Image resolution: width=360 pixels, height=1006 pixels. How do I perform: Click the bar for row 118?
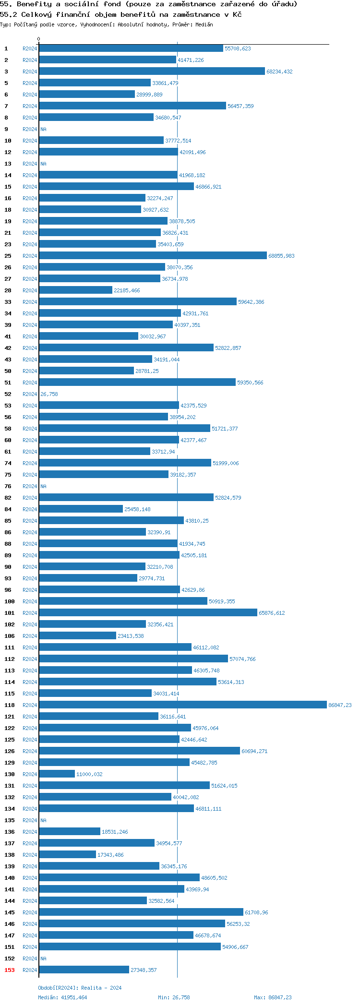pos(182,705)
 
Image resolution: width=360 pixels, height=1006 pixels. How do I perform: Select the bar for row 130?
pos(57,774)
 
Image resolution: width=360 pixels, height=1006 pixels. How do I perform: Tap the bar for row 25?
pos(153,256)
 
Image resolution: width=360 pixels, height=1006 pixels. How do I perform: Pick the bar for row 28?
pos(75,290)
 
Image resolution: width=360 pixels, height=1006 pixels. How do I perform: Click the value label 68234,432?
pos(279,72)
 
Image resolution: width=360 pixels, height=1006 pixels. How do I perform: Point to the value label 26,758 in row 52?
pos(49,394)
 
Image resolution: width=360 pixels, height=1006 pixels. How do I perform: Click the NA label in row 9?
pos(43,129)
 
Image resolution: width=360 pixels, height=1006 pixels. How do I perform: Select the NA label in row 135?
pos(43,820)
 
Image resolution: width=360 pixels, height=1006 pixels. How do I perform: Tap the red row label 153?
pos(10,970)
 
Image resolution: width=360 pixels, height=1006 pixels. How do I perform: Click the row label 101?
pos(10,613)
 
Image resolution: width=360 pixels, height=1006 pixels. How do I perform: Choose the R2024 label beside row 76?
pos(30,486)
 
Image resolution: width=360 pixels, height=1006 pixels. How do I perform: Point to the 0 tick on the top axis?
pos(39,39)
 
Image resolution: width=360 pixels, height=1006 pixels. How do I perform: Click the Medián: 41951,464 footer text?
pos(62,997)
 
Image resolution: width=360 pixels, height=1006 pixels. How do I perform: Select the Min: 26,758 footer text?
pos(174,997)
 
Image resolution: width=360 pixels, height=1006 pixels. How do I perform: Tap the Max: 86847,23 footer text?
pos(273,997)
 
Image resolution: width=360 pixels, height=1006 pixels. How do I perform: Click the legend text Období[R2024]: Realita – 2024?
pos(80,988)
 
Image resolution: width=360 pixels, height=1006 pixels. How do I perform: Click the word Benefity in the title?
pos(34,4)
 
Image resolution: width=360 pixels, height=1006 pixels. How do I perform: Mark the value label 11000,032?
pos(89,774)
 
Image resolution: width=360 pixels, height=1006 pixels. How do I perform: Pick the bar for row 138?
pos(67,855)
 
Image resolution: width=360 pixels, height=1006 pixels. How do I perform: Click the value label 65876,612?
pos(272,613)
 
